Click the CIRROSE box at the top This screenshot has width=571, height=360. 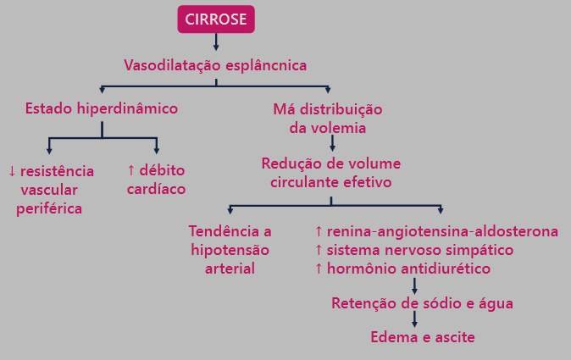216,19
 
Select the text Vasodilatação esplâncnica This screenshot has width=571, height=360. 215,64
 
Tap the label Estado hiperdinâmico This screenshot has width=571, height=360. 102,108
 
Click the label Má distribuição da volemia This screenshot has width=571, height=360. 328,119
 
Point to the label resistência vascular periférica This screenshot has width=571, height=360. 51,189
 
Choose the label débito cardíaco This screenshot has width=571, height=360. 156,180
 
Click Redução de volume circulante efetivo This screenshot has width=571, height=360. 331,172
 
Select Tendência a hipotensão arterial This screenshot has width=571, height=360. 230,250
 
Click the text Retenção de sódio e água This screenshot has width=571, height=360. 422,302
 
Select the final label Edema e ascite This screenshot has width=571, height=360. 423,337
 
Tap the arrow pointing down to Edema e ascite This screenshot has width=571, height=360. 414,319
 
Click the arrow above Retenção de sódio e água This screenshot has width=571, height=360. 414,285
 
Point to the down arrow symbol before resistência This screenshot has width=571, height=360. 12,171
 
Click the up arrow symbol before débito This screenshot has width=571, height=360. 131,171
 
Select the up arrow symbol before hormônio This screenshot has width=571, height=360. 318,269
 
